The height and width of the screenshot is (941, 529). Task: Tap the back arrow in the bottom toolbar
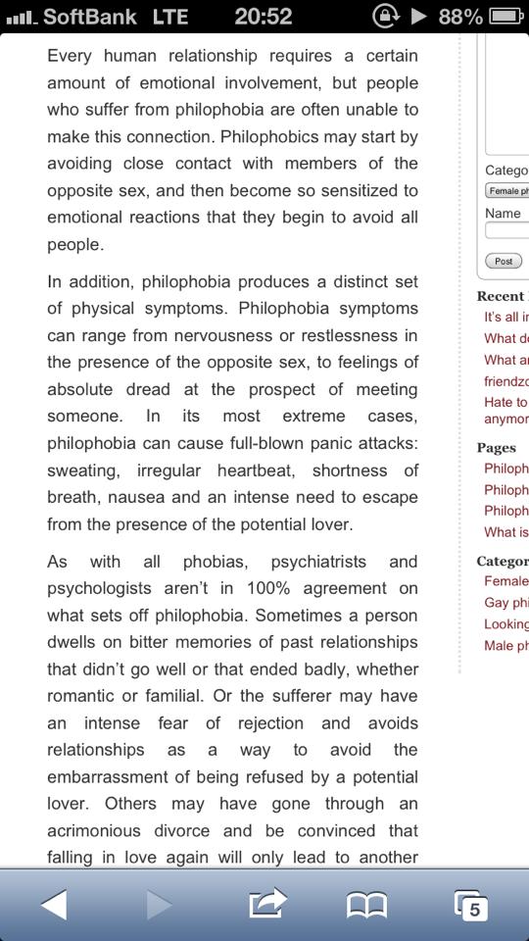[55, 904]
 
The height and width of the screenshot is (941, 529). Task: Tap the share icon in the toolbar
[267, 903]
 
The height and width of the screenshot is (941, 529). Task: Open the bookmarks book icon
[367, 905]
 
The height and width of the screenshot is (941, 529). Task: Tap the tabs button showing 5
[471, 905]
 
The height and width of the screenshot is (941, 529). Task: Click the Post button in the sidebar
[504, 261]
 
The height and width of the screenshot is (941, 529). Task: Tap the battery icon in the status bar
[506, 17]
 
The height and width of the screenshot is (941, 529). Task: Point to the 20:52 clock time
[264, 17]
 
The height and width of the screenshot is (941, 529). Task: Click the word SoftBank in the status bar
[90, 17]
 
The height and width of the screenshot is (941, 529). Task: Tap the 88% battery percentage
[459, 17]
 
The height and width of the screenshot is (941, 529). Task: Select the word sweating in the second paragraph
[85, 470]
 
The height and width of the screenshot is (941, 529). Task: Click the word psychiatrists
[318, 562]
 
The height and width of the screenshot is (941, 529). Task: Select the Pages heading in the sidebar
[496, 447]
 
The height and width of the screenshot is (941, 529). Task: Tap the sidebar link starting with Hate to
[505, 402]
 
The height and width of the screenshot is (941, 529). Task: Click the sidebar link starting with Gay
[505, 602]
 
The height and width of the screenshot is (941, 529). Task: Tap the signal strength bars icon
[20, 18]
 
